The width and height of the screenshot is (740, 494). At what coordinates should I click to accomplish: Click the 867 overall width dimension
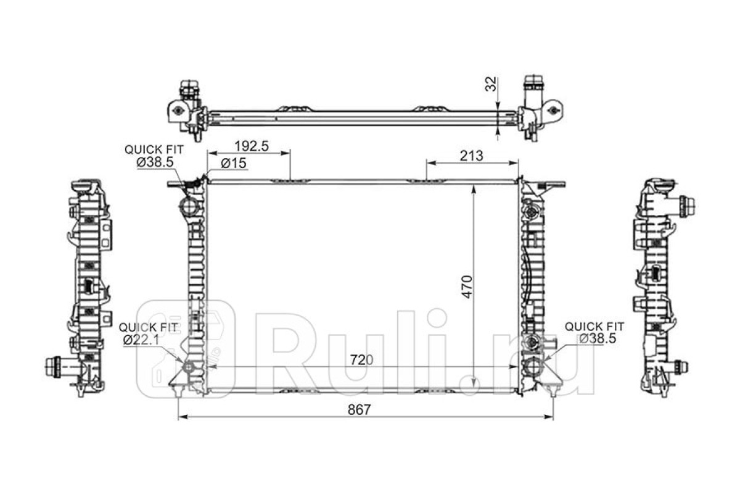359,409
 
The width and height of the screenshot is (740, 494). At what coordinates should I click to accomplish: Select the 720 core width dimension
361,359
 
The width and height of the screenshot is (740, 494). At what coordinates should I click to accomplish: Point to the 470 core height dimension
468,287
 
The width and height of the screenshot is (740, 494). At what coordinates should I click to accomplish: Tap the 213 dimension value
471,156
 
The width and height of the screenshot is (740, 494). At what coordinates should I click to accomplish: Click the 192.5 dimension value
252,146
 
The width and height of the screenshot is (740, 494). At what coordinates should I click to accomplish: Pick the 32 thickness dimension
491,84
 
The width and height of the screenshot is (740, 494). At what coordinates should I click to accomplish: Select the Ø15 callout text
234,163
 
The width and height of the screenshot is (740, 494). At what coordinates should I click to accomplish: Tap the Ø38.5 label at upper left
155,162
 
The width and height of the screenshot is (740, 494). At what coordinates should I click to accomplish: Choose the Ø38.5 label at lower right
598,338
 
